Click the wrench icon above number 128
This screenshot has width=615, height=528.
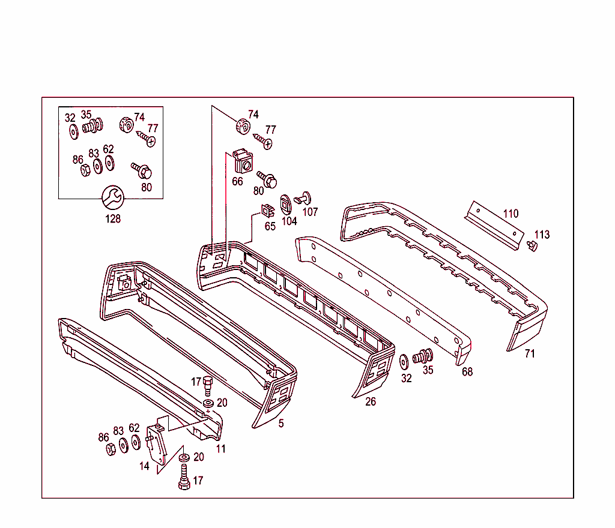[113, 197]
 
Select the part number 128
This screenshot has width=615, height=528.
[113, 218]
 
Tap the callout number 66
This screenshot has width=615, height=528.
[237, 181]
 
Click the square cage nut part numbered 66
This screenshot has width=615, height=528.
[243, 161]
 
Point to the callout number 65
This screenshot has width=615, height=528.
[270, 226]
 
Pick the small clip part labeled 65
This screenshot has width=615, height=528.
[268, 211]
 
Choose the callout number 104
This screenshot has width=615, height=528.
[289, 221]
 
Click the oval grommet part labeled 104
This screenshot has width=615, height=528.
[285, 205]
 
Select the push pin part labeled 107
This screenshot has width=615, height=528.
[303, 198]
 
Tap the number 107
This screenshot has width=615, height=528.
[310, 212]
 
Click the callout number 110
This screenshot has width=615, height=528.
[510, 214]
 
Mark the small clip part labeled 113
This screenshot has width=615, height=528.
[532, 247]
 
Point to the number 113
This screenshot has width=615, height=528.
[542, 235]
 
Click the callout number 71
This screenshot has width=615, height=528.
[530, 353]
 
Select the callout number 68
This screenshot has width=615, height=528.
[467, 372]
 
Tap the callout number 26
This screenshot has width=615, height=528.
[370, 401]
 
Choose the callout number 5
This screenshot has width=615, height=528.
[281, 424]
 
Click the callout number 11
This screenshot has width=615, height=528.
[221, 449]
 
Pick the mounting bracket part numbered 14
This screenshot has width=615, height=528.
[157, 445]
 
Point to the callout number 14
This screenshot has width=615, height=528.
[144, 466]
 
